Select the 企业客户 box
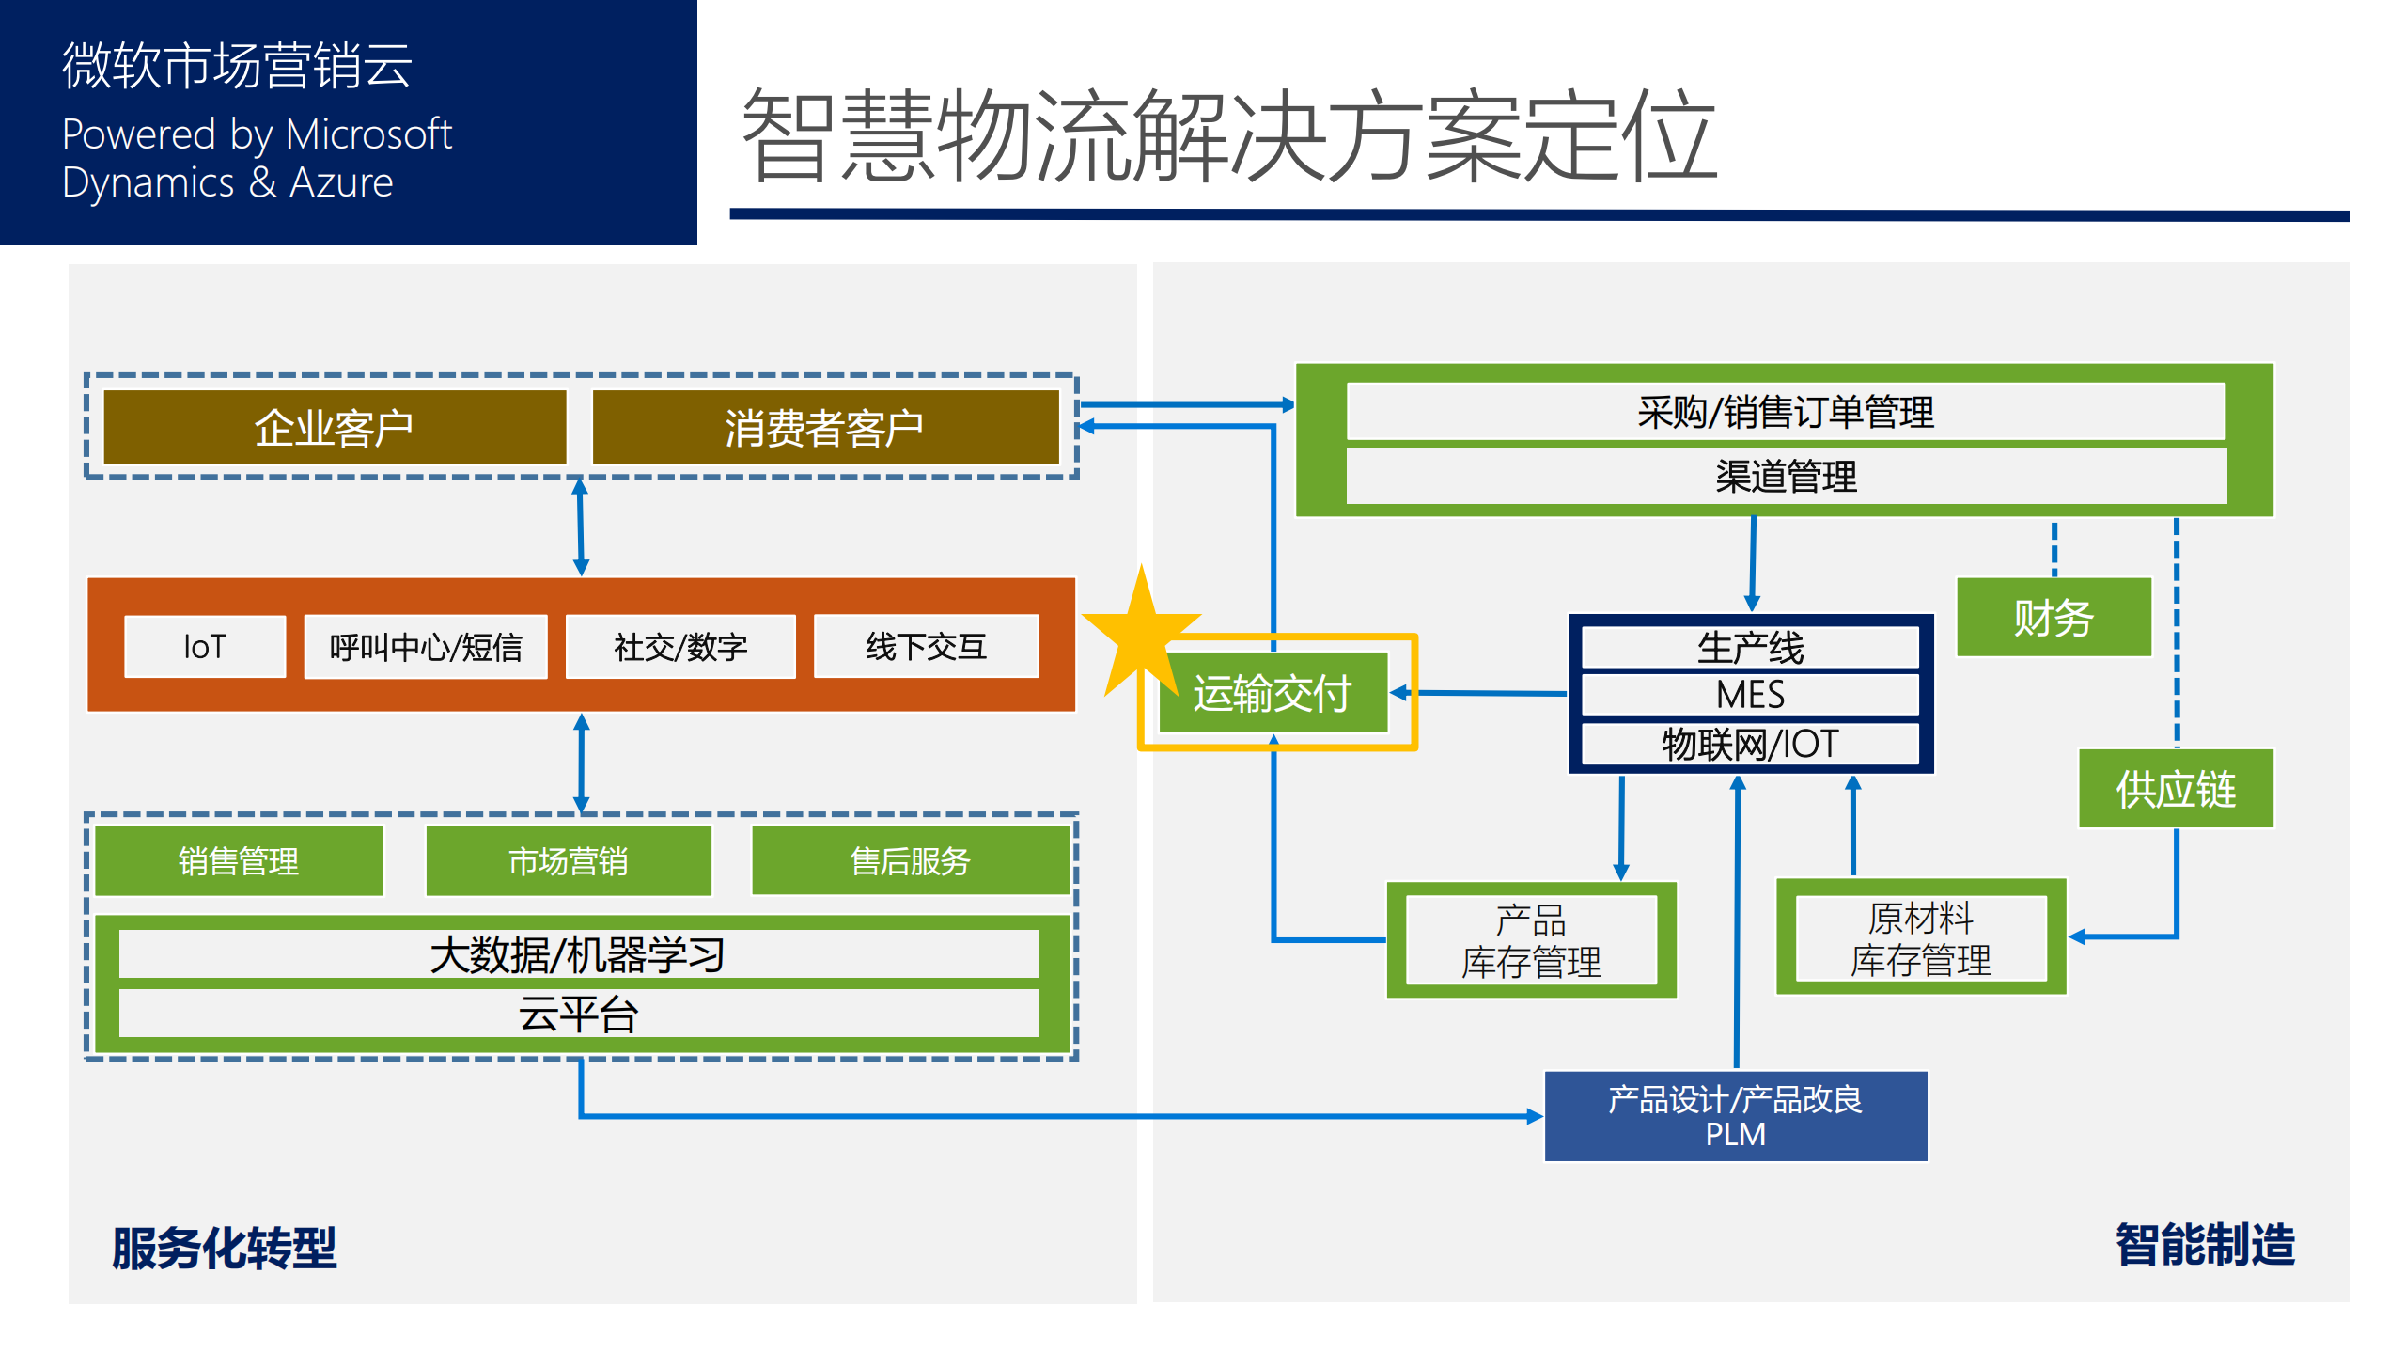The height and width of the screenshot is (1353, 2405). [335, 428]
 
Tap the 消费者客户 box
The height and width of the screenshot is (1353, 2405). [824, 428]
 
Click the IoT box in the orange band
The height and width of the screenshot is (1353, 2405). [205, 647]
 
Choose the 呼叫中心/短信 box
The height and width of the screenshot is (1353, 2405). [425, 647]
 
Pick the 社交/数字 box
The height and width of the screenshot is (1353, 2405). [680, 647]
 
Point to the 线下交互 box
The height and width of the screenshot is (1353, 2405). [926, 647]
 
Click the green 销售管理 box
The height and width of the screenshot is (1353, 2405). [240, 860]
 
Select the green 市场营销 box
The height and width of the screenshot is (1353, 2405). [569, 860]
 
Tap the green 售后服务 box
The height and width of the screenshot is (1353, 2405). [910, 860]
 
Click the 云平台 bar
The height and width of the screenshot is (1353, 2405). [579, 1014]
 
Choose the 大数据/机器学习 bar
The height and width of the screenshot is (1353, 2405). [579, 955]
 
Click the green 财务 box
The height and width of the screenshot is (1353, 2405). [2054, 618]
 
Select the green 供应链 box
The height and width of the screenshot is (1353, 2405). [2175, 789]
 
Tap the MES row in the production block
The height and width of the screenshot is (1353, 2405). [1750, 695]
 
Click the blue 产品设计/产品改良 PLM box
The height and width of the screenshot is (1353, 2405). [1735, 1116]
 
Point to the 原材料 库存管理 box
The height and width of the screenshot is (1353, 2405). [1920, 937]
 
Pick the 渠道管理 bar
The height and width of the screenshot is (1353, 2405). [1786, 477]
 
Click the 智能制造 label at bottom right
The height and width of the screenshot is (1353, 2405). [2204, 1244]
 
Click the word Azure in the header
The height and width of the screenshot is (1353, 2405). [341, 182]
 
